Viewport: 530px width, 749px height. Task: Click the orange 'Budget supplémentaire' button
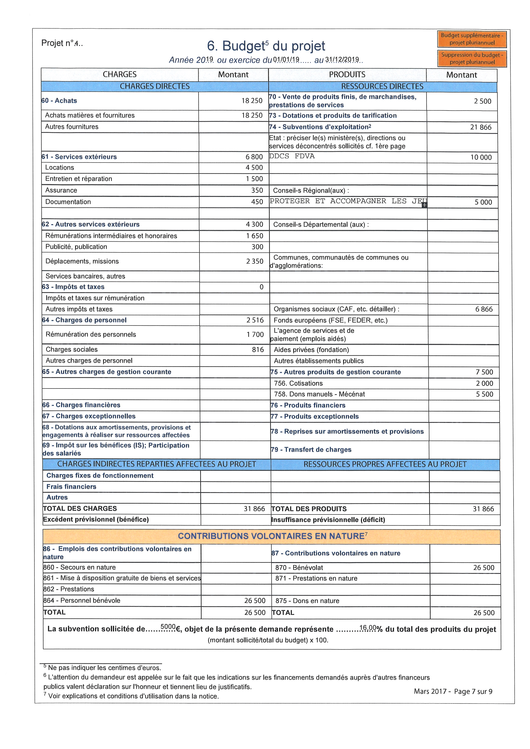[x=472, y=39]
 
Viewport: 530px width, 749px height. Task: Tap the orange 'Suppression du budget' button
[x=472, y=58]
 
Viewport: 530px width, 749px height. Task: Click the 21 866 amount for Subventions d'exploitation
[x=480, y=127]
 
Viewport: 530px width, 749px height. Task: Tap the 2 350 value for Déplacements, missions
[x=255, y=261]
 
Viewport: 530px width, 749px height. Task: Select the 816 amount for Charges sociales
[x=258, y=350]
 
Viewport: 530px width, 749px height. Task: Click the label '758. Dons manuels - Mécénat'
[x=319, y=394]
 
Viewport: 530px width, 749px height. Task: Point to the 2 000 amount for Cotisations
[x=484, y=383]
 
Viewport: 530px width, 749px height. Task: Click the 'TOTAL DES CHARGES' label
[x=80, y=509]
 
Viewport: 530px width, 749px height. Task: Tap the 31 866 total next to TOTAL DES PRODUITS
[x=483, y=509]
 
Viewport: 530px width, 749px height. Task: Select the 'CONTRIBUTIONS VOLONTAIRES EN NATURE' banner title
[x=271, y=536]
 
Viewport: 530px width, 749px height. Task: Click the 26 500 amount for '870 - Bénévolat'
[x=484, y=568]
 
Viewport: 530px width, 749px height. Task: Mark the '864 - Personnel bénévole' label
[x=82, y=601]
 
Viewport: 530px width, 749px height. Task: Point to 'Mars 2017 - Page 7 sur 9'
[x=453, y=692]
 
